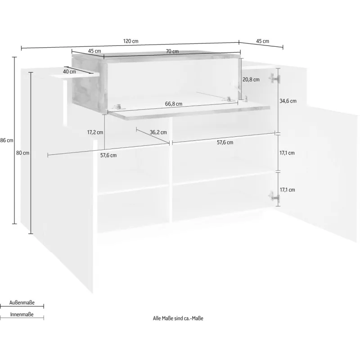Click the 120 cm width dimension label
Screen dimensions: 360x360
coord(130,41)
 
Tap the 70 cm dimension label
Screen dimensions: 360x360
coord(172,51)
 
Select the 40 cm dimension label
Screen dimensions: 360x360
coord(69,72)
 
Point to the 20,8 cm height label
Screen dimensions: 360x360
coord(251,80)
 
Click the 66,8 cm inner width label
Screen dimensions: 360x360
coord(174,104)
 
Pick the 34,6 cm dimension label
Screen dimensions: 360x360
coord(288,101)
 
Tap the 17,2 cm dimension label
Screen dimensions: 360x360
coord(95,132)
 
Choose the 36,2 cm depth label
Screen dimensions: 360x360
coord(158,132)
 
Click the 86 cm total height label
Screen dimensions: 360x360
coord(7,140)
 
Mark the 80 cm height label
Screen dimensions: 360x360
coord(23,153)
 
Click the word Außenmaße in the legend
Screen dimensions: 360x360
coord(22,302)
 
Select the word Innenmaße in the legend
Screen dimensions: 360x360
coord(22,314)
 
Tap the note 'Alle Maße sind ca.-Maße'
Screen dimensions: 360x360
coord(178,318)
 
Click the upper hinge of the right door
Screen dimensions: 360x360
coord(274,78)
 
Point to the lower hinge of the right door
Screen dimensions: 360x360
coord(274,197)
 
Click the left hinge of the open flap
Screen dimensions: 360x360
coord(117,107)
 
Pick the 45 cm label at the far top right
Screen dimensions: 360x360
coord(262,41)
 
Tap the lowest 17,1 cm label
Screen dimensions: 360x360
coord(287,189)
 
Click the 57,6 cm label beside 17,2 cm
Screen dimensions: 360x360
coord(108,155)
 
